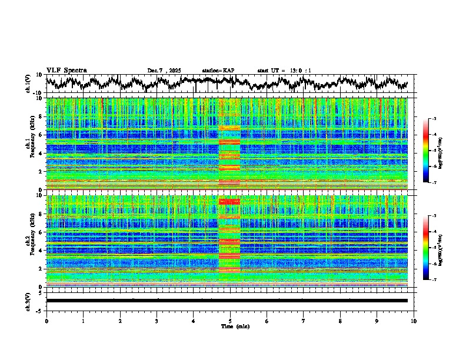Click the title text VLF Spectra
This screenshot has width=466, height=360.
click(66, 70)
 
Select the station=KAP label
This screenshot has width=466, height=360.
click(218, 71)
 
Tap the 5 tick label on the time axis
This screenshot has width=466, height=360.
click(230, 320)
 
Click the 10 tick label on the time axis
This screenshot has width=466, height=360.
click(414, 320)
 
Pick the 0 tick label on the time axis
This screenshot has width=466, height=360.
click(46, 320)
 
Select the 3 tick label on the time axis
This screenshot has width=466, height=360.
click(157, 320)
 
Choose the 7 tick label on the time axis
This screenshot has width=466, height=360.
click(304, 320)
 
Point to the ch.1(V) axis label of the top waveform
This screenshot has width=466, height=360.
click(28, 84)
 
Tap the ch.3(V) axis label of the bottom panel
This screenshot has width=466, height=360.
click(28, 300)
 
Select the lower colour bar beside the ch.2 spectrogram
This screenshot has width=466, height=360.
click(432, 247)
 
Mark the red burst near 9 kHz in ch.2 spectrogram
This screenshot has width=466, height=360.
click(229, 201)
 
